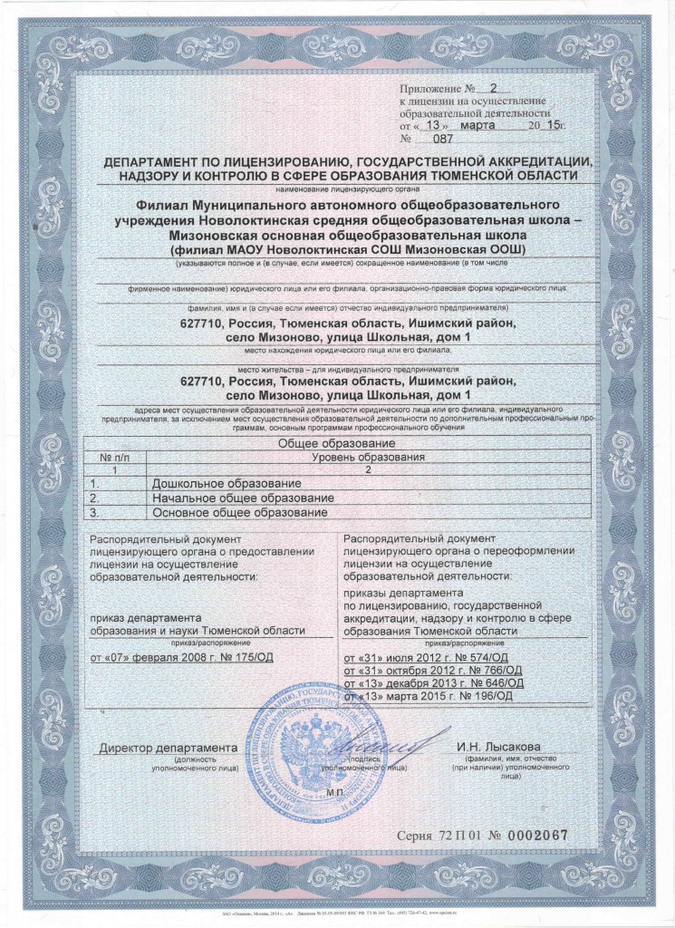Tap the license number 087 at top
click(x=443, y=140)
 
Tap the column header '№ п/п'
click(x=115, y=458)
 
